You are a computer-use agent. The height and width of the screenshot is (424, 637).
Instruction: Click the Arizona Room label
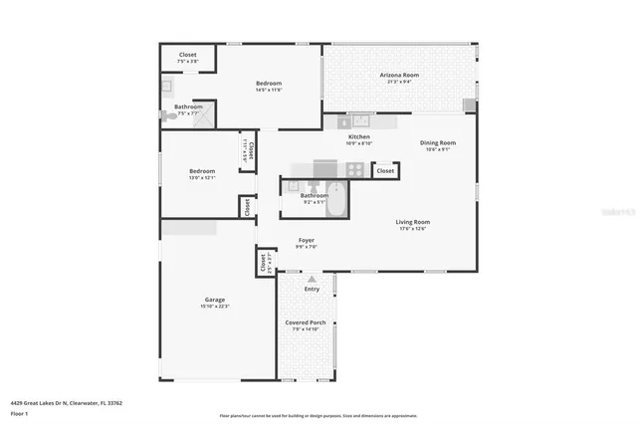click(398, 75)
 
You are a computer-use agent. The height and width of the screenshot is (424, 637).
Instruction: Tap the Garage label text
click(215, 300)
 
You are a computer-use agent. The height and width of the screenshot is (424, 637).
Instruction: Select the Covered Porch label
click(305, 322)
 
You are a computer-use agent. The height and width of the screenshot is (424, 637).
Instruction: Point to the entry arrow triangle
click(313, 279)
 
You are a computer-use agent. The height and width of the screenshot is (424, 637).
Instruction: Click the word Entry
click(313, 289)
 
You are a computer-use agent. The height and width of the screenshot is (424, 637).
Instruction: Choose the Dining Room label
click(438, 143)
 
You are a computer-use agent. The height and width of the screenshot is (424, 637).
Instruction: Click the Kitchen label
click(358, 136)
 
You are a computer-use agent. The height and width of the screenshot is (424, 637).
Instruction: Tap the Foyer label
click(307, 241)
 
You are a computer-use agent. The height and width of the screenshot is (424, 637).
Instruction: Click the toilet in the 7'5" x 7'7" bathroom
click(171, 116)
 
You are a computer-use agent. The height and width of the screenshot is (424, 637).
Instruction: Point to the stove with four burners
click(326, 168)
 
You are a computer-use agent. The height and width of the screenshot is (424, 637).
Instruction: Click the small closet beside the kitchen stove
click(385, 171)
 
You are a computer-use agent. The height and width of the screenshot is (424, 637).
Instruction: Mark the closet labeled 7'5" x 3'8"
click(188, 58)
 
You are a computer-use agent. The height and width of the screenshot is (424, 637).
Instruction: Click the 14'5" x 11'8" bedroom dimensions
click(269, 90)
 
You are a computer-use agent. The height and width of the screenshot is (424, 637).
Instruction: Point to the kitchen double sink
click(355, 121)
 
